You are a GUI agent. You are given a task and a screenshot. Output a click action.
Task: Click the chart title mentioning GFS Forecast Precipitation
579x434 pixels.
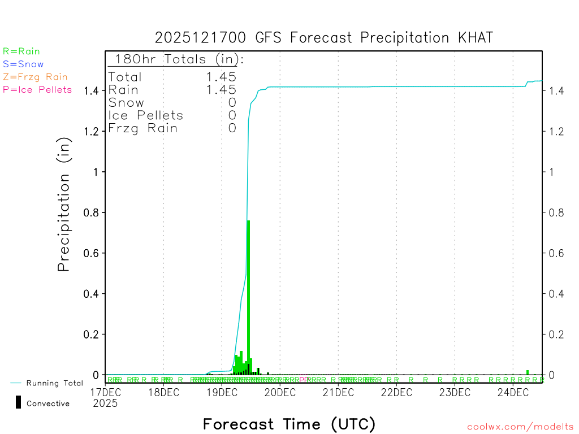point(324,38)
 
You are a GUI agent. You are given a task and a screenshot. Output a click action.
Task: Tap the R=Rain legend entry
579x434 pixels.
point(21,51)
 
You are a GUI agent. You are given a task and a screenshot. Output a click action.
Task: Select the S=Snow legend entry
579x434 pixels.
point(23,64)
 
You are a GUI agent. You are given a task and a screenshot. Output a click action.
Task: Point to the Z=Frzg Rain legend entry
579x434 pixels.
point(35,77)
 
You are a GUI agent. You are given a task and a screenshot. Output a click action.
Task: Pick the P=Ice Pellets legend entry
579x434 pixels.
point(37,89)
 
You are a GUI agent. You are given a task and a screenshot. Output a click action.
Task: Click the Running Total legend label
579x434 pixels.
point(54,383)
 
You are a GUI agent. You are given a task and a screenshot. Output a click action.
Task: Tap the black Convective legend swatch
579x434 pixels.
point(18,402)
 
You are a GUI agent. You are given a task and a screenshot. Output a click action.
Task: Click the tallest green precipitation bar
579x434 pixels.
point(248,294)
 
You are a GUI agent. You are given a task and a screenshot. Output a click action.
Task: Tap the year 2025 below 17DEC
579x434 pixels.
point(105,403)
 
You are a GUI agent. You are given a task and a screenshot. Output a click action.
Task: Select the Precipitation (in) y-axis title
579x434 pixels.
point(64,206)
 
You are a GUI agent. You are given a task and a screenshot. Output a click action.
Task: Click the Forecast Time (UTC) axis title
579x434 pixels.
point(289,424)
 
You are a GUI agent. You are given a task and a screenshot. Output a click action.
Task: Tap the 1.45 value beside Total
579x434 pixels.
point(221,77)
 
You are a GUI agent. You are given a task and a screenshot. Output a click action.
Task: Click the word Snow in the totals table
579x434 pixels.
point(126,103)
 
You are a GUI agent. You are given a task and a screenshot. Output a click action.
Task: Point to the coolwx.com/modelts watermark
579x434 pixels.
point(520,427)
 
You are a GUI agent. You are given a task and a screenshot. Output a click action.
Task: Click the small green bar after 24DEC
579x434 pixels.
point(528,372)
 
